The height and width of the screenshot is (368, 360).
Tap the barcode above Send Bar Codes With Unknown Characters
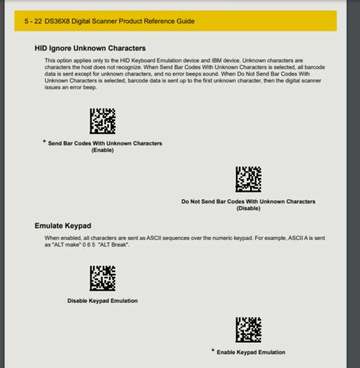click(x=102, y=121)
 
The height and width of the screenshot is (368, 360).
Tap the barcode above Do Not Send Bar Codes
click(x=248, y=179)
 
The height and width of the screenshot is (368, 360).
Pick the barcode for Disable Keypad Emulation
click(x=102, y=278)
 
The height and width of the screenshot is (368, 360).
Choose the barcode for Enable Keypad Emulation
click(x=248, y=330)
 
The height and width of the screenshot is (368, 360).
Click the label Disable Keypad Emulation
click(x=103, y=301)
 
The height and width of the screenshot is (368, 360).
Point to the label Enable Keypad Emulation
click(x=252, y=352)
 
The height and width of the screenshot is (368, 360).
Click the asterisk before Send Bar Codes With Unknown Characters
click(x=45, y=142)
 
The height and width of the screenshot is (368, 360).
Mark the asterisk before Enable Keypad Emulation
click(x=213, y=350)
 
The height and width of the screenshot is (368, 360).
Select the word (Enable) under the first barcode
click(x=103, y=150)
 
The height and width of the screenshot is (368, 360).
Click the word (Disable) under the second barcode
click(x=248, y=208)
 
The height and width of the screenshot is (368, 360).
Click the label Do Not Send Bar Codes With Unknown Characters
click(x=248, y=201)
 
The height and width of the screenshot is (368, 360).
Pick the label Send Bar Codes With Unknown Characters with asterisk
click(x=105, y=143)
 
